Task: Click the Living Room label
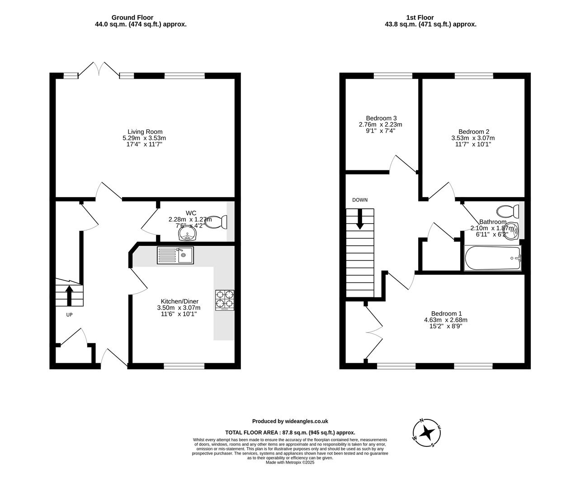145,131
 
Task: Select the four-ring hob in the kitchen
225,300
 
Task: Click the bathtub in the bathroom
493,258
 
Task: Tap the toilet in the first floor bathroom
507,211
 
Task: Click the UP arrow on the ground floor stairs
70,295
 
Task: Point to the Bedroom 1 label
446,314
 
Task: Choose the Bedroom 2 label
473,131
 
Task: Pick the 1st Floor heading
430,18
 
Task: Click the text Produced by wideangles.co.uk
290,421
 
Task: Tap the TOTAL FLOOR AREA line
290,432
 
